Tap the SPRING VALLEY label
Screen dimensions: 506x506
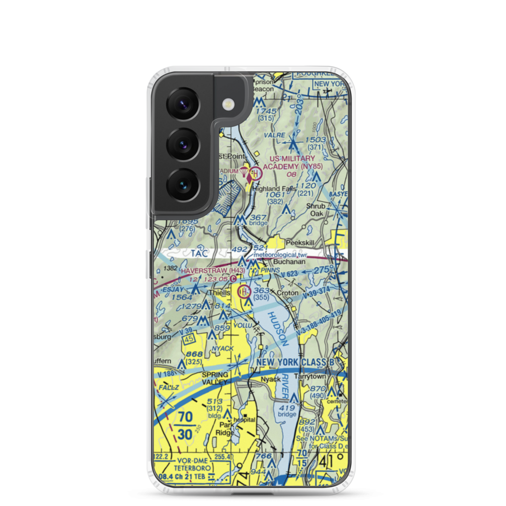(x=216, y=378)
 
